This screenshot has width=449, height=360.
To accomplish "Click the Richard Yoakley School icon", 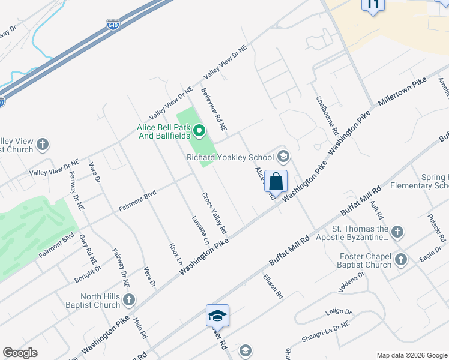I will (x=283, y=158).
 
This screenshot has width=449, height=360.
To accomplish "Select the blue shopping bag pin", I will (x=276, y=181).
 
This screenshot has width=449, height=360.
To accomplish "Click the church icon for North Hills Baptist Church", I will (x=129, y=299).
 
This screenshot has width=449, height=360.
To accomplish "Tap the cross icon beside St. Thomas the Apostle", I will (x=397, y=232).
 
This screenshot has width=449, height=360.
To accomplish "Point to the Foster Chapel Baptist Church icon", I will (x=400, y=259).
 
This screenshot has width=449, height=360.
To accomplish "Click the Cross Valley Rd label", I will (x=214, y=214).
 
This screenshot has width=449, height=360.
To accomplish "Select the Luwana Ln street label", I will (x=200, y=230).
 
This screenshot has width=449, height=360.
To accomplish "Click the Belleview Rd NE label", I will (x=214, y=110).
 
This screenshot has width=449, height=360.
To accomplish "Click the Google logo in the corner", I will (x=20, y=353).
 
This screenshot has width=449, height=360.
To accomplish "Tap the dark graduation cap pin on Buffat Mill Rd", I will (x=217, y=315).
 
